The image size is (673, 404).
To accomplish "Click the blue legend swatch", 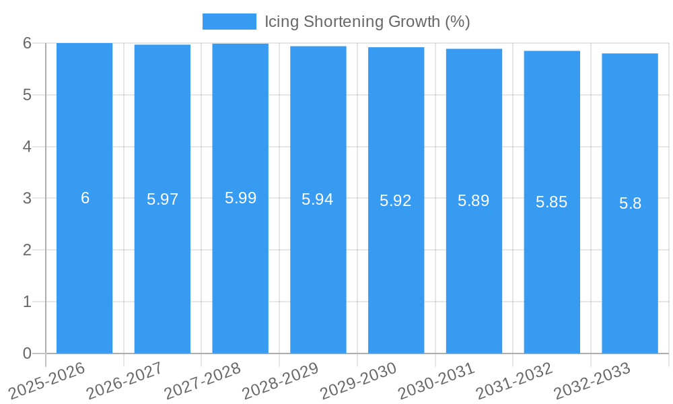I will pyautogui.click(x=229, y=22).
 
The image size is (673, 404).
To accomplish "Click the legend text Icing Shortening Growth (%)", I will pyautogui.click(x=367, y=22).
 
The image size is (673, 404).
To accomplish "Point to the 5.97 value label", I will pyautogui.click(x=162, y=199).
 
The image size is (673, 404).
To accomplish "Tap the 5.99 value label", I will pyautogui.click(x=240, y=198).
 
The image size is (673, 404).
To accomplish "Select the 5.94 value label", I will pyautogui.click(x=318, y=199).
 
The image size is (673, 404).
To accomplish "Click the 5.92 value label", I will pyautogui.click(x=396, y=201).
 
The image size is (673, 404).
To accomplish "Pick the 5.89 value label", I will pyautogui.click(x=474, y=201).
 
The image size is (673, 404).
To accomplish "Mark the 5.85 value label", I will pyautogui.click(x=552, y=202).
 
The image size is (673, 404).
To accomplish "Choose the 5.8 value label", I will pyautogui.click(x=630, y=203).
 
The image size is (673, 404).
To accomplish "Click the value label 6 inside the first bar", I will pyautogui.click(x=85, y=198).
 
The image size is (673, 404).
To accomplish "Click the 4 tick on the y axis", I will pyautogui.click(x=28, y=147).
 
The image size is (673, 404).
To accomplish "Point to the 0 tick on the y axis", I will pyautogui.click(x=28, y=353).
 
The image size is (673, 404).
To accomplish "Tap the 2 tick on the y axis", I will pyautogui.click(x=28, y=250).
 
